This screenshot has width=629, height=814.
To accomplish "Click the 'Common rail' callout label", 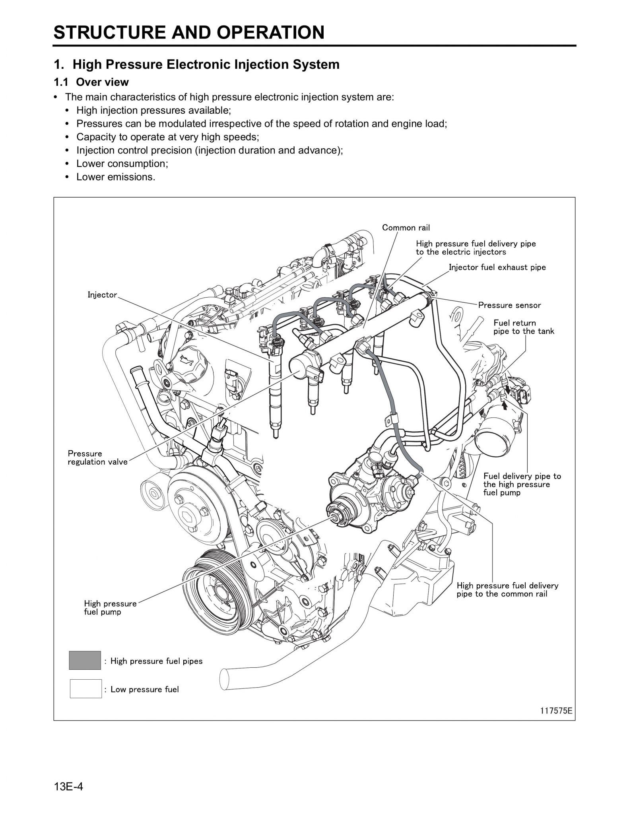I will coord(406,228).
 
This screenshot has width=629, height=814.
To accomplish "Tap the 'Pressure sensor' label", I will coord(509,305).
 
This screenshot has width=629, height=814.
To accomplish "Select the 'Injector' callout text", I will coord(102,295).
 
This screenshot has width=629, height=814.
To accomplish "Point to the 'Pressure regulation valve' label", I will coord(97,457).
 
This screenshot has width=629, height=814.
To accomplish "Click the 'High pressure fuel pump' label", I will coord(110,607).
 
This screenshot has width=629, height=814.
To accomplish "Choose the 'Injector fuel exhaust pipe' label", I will coord(497,267).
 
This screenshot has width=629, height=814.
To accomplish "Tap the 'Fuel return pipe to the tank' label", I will coord(523,327).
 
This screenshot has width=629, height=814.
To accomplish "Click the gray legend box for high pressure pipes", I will coord(85,661).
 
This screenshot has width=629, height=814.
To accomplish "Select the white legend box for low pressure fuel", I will coord(85,689).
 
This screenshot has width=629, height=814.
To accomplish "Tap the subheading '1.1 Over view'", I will coord(91,82).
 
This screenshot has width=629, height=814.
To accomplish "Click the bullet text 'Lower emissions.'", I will coord(116,177).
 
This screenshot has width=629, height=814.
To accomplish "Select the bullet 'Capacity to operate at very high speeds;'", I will coord(167,137).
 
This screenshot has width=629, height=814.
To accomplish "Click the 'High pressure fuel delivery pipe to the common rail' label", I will coord(507,589).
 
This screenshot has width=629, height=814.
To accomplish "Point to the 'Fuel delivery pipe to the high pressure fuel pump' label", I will coord(522,484).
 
